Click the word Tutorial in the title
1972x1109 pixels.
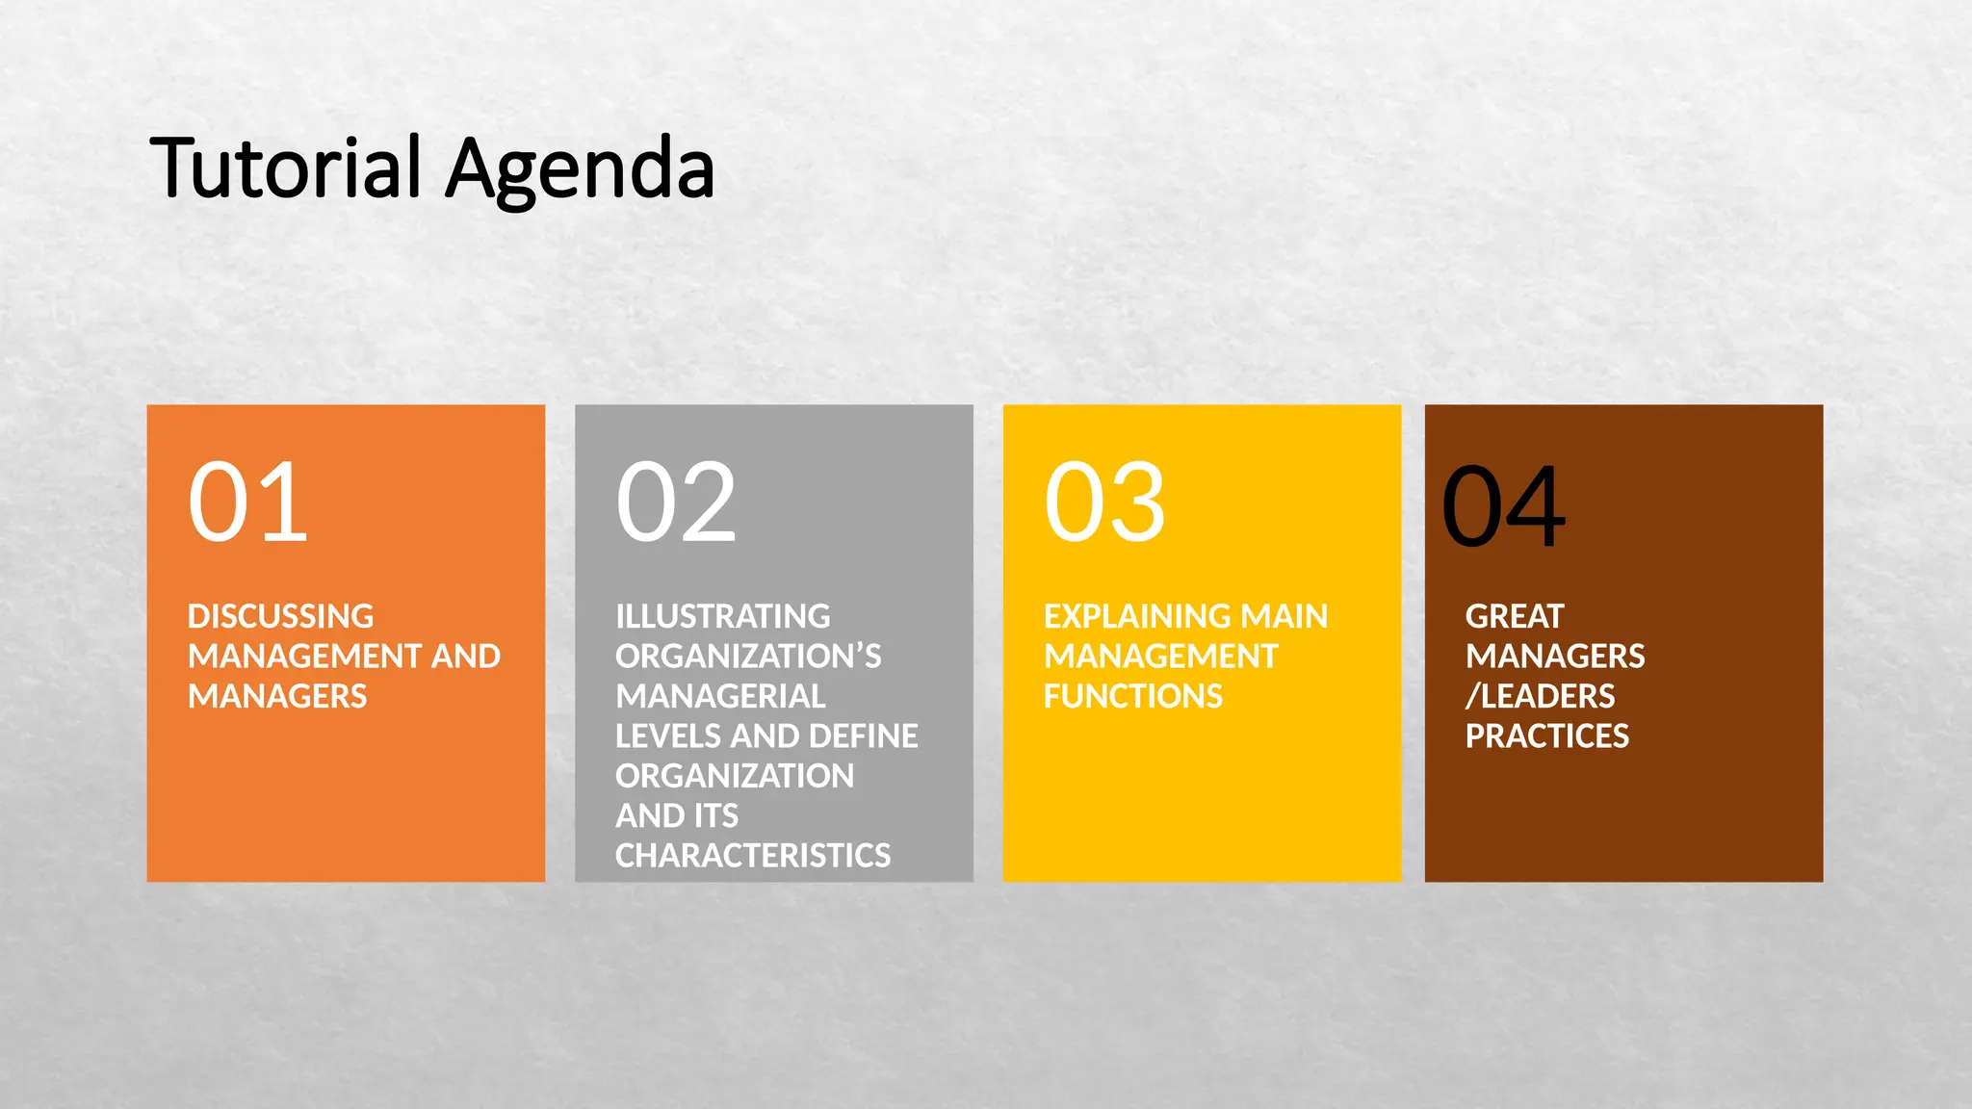click(x=286, y=168)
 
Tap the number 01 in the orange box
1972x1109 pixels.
click(x=247, y=502)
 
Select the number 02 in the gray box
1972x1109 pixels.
click(x=676, y=502)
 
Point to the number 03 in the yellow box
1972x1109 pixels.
click(x=1104, y=502)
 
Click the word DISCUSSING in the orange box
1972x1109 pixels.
click(x=280, y=616)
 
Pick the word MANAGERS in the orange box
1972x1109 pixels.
click(x=277, y=696)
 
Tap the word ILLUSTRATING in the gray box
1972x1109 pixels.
click(x=722, y=616)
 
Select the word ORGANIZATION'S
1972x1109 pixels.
click(x=748, y=657)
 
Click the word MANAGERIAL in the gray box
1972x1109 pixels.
click(x=720, y=696)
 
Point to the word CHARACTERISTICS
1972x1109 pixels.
click(x=753, y=856)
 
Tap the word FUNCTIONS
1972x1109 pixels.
click(x=1132, y=696)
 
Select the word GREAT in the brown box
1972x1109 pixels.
click(x=1514, y=616)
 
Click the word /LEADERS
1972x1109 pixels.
click(x=1540, y=696)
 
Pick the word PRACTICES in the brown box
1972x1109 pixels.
click(x=1546, y=736)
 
